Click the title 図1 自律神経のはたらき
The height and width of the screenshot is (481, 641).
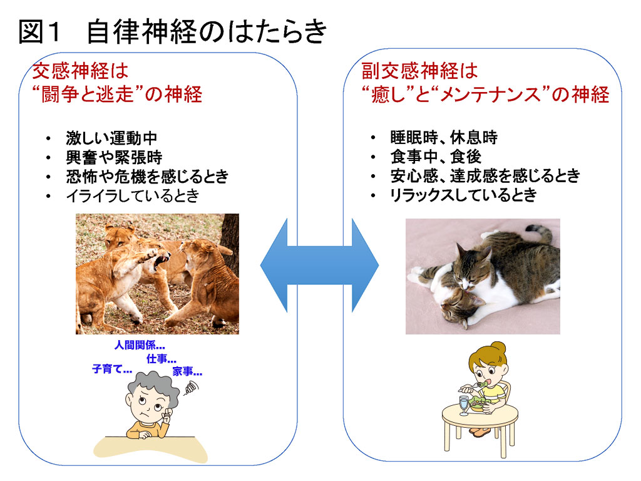pos(173,31)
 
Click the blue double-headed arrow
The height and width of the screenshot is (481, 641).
pos(319,265)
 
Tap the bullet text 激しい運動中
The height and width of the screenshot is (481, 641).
pos(111,138)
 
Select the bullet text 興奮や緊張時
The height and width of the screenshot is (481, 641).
pos(114,157)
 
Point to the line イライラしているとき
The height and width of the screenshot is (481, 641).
pos(133,195)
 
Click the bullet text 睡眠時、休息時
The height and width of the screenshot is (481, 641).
pos(444,137)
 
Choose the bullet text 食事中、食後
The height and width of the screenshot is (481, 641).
pos(436,157)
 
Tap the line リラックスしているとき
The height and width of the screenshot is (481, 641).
pos(463,195)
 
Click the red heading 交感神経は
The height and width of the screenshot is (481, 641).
pos(80,71)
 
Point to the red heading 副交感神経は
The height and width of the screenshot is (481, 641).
pos(420,71)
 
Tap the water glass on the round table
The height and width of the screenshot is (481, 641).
pos(464,405)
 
